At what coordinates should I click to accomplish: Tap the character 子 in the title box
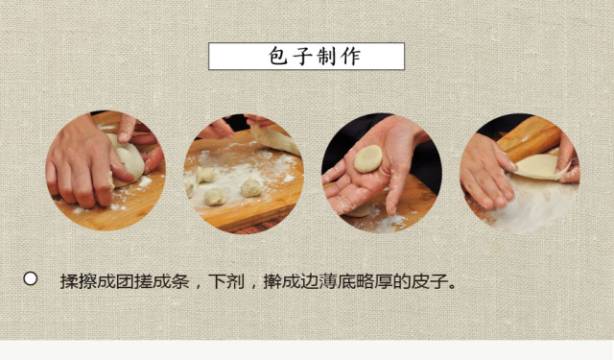tap(299, 57)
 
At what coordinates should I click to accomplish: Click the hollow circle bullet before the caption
tap(30, 278)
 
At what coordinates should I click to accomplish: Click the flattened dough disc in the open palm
tap(367, 159)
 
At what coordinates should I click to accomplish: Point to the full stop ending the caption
tap(454, 285)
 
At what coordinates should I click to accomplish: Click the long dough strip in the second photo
tap(274, 140)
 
